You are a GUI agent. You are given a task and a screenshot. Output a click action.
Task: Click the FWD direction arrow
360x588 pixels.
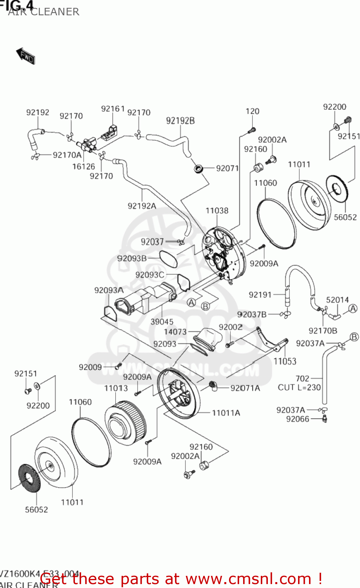click(x=25, y=56)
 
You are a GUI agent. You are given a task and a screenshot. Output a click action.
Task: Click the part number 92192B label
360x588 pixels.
click(x=180, y=121)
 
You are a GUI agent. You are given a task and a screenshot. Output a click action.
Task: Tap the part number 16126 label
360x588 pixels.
click(x=84, y=166)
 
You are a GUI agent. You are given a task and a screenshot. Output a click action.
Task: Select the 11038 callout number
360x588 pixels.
click(x=217, y=211)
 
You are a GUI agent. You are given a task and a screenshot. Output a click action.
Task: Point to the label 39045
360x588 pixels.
click(x=162, y=322)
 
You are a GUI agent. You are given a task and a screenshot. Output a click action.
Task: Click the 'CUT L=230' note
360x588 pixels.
click(x=299, y=387)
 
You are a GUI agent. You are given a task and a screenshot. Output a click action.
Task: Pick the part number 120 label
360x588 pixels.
click(x=252, y=111)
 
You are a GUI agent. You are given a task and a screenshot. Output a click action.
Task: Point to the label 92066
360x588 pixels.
click(x=298, y=419)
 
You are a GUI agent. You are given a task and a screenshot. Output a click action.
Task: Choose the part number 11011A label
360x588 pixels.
click(x=226, y=413)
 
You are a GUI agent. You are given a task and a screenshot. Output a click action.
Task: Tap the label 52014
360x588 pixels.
click(x=337, y=300)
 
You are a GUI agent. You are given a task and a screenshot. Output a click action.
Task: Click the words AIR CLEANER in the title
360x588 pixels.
click(x=44, y=12)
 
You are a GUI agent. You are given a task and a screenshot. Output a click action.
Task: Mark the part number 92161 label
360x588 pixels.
click(x=113, y=109)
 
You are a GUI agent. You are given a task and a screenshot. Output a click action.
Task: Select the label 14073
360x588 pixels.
click(x=175, y=332)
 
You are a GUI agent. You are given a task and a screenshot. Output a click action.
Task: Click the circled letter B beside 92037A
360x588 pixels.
click(x=354, y=337)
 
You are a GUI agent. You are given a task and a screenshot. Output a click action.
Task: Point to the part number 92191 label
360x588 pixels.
click(x=260, y=294)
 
